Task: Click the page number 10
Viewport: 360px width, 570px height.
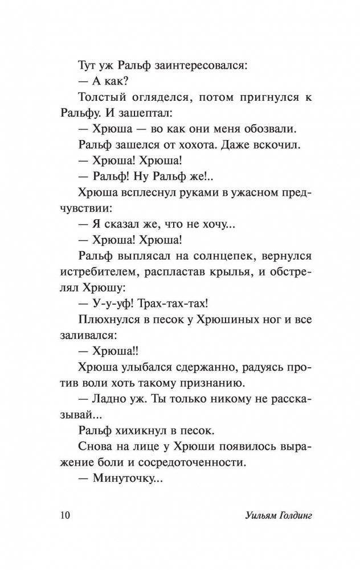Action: click(x=63, y=516)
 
